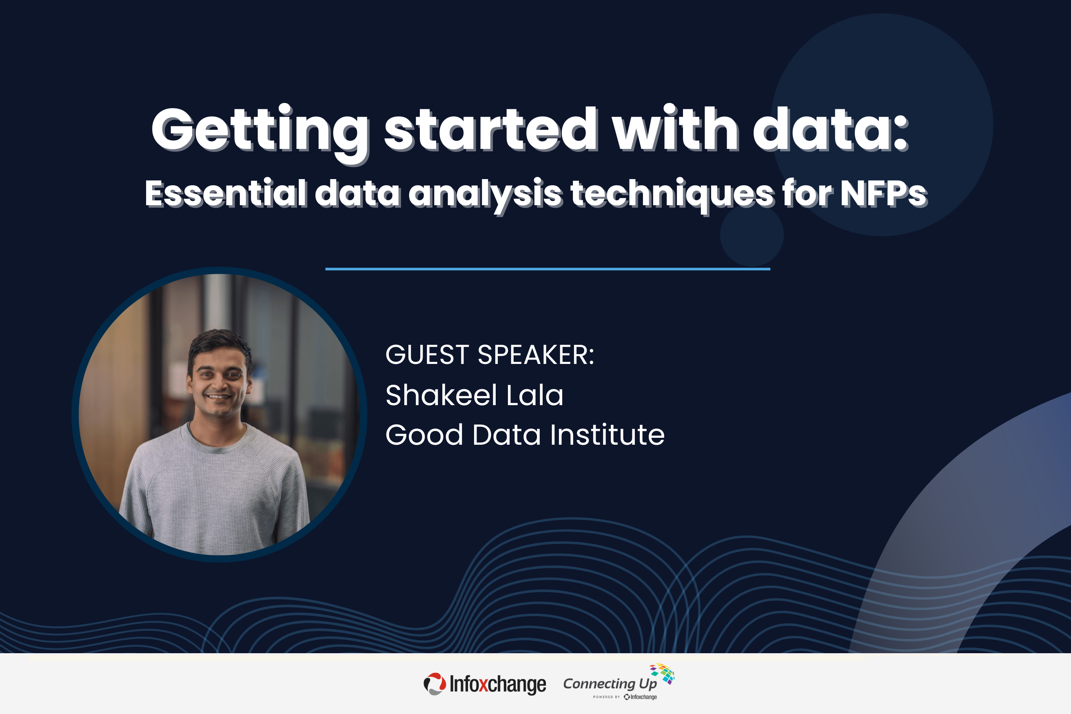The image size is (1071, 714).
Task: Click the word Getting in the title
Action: coord(259,130)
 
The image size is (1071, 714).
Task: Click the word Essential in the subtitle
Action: coord(226,193)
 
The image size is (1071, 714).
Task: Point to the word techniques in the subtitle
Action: coord(672,193)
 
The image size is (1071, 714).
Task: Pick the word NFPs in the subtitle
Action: coord(883,193)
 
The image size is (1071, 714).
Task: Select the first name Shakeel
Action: coord(441,395)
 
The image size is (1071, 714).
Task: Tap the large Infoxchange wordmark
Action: coord(498,684)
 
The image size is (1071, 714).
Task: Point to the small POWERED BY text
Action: coord(606,697)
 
